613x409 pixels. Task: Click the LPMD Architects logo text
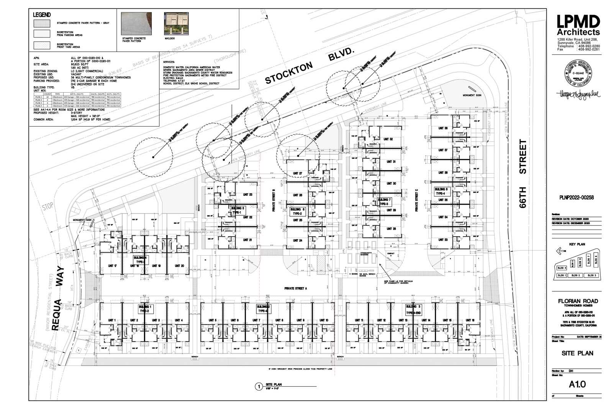pos(578,26)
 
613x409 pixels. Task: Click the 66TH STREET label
pos(523,173)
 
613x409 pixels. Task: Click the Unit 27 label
pos(297,174)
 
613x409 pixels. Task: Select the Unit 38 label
pos(443,128)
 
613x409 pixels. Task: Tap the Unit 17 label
pos(112,266)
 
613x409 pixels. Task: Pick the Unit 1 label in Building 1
pos(112,320)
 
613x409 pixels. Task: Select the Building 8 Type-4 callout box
pos(441,191)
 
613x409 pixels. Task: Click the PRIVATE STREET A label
pos(296,288)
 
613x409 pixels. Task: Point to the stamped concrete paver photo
pos(136,24)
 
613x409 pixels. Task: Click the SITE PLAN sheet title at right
pos(577,353)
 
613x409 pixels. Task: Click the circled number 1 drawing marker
pos(259,386)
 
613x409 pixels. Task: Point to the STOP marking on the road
pos(48,207)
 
